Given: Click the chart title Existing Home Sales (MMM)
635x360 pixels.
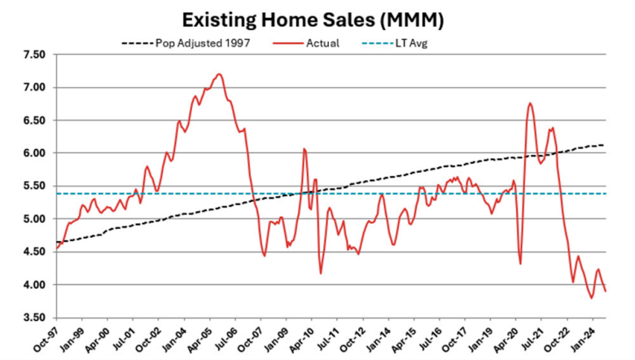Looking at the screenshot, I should (318, 19).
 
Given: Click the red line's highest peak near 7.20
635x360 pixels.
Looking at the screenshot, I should (220, 74).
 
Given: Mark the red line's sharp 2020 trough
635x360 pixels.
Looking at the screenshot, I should (520, 263).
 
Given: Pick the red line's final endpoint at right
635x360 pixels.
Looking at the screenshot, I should (605, 292).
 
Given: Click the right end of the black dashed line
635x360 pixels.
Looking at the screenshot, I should (604, 145).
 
